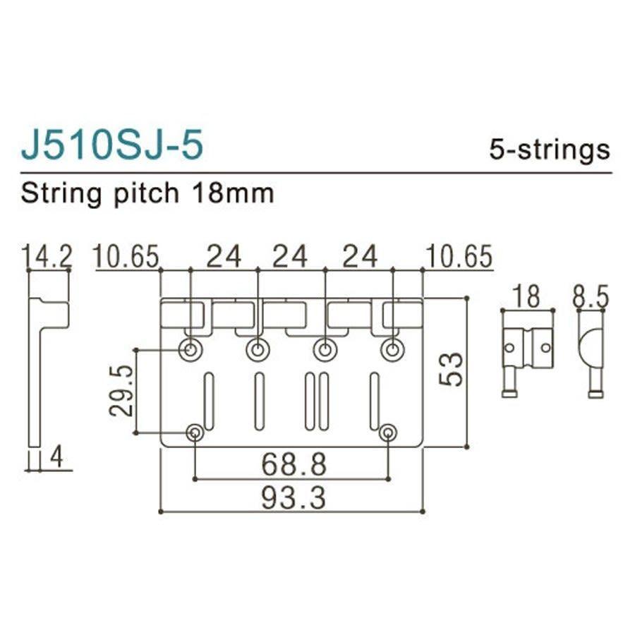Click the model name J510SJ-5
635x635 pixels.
click(x=112, y=146)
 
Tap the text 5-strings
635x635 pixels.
click(x=548, y=149)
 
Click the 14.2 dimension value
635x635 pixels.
click(x=47, y=257)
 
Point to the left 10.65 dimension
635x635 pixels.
click(x=126, y=257)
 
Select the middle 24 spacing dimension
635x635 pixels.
click(x=290, y=257)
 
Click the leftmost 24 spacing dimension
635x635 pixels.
click(x=223, y=257)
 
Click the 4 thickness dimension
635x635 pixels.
click(x=56, y=459)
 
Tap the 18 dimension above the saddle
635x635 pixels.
click(x=526, y=296)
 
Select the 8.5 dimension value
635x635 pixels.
click(x=591, y=296)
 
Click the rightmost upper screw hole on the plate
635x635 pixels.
click(x=392, y=349)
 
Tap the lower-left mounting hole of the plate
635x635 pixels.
click(x=195, y=433)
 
